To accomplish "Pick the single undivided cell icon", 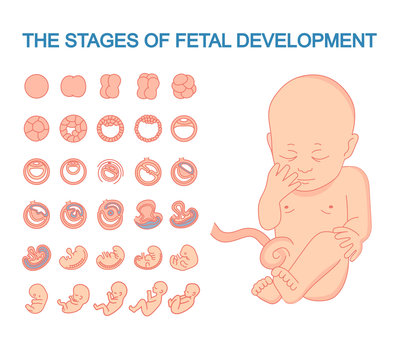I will click(36, 86).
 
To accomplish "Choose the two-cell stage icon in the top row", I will click(73, 86).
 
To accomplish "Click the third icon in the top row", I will click(110, 86).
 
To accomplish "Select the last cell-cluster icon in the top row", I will click(183, 86).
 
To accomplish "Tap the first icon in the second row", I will click(36, 128).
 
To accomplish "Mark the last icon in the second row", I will click(183, 128).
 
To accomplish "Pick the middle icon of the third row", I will click(110, 171).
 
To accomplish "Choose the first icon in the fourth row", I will click(36, 213).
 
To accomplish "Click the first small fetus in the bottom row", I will click(36, 298).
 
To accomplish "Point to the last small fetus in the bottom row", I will click(183, 298).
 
